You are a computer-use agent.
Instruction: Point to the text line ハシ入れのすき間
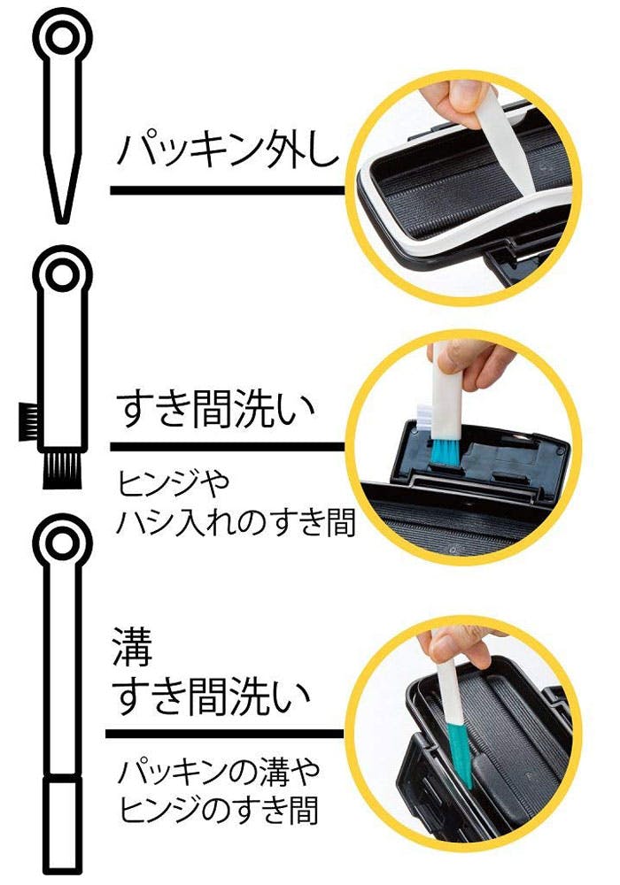(236, 523)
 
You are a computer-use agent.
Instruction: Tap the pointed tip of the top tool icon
(62, 221)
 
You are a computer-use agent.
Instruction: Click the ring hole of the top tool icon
(62, 39)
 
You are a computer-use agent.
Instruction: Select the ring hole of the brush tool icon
(62, 276)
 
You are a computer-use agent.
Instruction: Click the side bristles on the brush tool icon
(28, 421)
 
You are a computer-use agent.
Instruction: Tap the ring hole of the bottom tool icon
(62, 544)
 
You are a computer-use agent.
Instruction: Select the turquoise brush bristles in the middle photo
(446, 452)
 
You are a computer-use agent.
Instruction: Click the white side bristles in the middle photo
(424, 414)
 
